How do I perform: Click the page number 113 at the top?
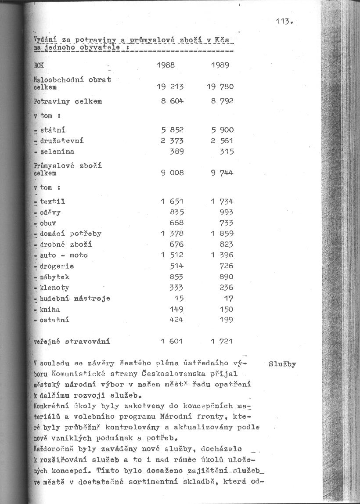pyautogui.click(x=284, y=21)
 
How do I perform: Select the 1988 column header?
pyautogui.click(x=166, y=65)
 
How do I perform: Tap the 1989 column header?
pyautogui.click(x=220, y=65)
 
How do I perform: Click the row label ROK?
pyautogui.click(x=39, y=65)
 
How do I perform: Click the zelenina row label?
pyautogui.click(x=57, y=151)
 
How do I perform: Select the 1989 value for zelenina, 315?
pyautogui.click(x=227, y=151)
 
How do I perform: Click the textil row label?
pyautogui.click(x=52, y=202)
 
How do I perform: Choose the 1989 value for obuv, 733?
pyautogui.click(x=227, y=223)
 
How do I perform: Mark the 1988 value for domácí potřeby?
pyautogui.click(x=172, y=234)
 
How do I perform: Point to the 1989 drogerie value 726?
pyautogui.click(x=227, y=266)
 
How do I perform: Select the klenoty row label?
pyautogui.click(x=54, y=288)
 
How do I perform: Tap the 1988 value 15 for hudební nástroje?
pyautogui.click(x=179, y=299)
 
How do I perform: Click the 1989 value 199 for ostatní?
pyautogui.click(x=227, y=320)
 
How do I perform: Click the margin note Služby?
pyautogui.click(x=282, y=364)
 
